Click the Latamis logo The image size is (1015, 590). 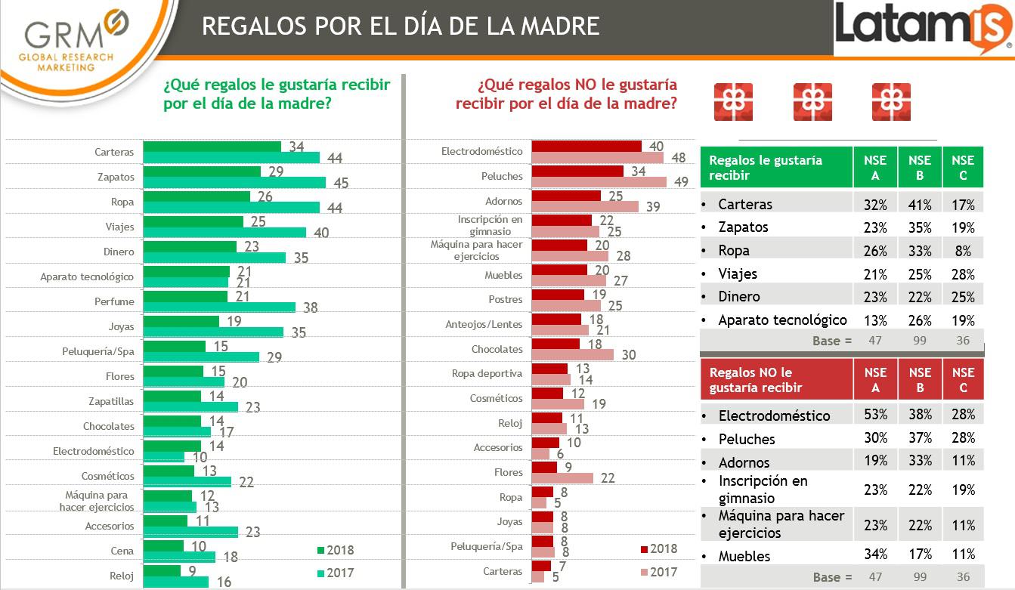point(923,29)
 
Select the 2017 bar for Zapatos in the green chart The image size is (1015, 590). point(234,183)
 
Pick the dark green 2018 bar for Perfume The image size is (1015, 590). point(185,295)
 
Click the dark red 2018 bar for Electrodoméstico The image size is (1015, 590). point(586,145)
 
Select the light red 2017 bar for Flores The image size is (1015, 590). point(562,478)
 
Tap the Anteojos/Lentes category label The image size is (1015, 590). point(484,325)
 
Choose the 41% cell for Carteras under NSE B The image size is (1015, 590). point(919,204)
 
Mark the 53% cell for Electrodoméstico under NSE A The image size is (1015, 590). point(875,415)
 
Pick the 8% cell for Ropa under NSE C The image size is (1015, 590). point(963,251)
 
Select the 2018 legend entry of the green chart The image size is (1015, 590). point(333,550)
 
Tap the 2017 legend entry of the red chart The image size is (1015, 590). point(658,572)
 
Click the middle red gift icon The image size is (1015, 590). point(812,102)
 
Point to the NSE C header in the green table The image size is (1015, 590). point(963,167)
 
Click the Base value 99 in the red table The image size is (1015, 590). point(919,577)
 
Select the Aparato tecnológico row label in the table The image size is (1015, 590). point(782,320)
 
